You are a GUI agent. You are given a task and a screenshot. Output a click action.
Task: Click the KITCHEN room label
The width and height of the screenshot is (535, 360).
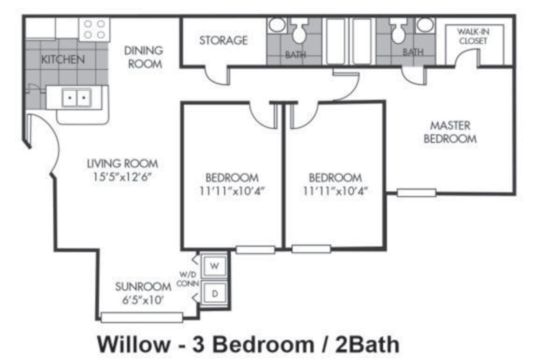click(63, 59)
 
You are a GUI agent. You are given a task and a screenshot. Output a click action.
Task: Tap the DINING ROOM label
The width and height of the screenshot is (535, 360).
click(145, 57)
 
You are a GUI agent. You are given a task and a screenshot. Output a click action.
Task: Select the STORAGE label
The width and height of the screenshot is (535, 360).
click(223, 41)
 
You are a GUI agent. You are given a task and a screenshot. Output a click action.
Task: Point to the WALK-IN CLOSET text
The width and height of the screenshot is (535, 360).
click(472, 36)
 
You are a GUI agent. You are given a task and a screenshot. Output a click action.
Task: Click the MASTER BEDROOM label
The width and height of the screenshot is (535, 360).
click(450, 132)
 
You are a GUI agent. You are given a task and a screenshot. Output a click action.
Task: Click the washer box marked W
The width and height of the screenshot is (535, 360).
click(214, 266)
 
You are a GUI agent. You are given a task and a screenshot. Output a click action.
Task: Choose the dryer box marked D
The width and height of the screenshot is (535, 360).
click(214, 294)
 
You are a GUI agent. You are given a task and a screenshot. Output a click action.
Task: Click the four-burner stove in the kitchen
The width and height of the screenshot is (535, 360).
click(94, 28)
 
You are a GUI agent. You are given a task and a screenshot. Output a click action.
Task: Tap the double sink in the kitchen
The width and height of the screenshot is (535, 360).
click(76, 98)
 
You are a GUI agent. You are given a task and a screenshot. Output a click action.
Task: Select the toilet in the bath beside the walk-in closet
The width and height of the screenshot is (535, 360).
click(399, 32)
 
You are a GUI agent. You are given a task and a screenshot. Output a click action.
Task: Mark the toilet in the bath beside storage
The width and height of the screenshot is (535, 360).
click(298, 32)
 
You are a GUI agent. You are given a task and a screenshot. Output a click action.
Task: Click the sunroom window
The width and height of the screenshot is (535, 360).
click(142, 318)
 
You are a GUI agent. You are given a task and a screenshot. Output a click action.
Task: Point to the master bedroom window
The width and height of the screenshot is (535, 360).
click(416, 192)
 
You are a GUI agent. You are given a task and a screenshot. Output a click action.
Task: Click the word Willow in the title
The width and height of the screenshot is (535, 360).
click(133, 345)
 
